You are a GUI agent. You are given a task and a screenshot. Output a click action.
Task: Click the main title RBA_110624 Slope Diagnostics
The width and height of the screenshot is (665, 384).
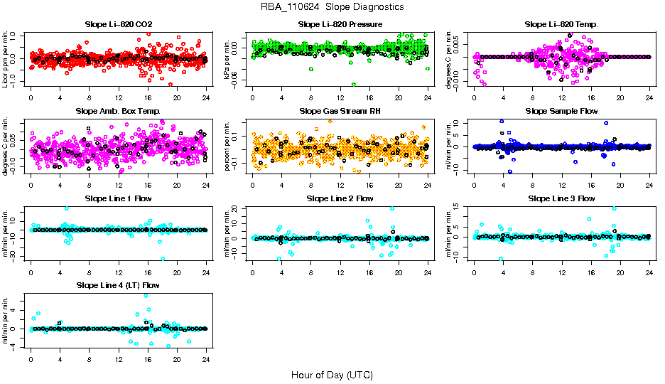[332, 6]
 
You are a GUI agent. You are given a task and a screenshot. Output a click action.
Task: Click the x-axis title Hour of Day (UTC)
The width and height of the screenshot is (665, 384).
[332, 374]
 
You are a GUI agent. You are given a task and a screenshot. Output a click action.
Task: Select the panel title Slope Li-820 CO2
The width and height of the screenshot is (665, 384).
[118, 24]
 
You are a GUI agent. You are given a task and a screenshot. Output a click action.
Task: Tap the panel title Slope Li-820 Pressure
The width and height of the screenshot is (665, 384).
[340, 24]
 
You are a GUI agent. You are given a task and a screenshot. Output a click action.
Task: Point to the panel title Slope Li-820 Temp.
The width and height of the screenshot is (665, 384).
[561, 24]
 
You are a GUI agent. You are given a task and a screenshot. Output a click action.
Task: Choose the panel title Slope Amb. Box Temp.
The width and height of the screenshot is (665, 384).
[118, 111]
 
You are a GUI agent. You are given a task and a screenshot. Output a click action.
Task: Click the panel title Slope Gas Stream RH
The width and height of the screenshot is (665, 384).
[340, 111]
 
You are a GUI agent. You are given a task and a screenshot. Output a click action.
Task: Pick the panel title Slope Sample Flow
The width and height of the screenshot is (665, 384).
[561, 111]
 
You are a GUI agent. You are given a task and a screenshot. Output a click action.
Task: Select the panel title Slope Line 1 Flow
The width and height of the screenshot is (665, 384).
[118, 198]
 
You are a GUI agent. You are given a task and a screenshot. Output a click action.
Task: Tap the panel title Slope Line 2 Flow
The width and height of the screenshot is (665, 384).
[340, 198]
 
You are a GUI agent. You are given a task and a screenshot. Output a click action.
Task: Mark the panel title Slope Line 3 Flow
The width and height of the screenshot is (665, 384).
[561, 198]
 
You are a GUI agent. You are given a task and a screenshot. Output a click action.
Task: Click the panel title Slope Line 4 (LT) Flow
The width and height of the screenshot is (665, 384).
[118, 285]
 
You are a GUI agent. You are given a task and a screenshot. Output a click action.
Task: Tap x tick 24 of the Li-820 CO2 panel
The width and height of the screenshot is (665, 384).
[206, 97]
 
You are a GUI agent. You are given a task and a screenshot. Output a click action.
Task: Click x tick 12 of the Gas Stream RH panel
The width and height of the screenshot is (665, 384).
[340, 185]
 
